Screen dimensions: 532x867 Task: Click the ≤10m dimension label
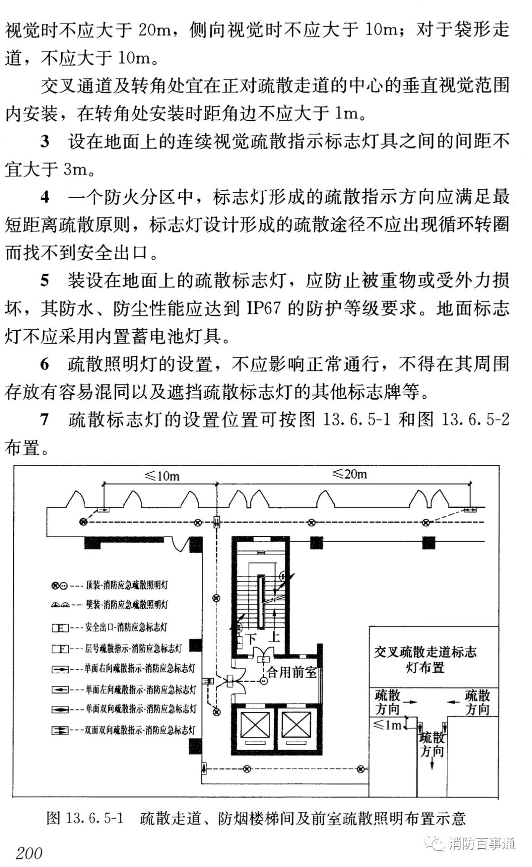coord(162,476)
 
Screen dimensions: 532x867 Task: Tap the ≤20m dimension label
coord(350,474)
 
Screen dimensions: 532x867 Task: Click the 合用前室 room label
coord(292,672)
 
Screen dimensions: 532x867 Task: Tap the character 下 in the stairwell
coord(251,639)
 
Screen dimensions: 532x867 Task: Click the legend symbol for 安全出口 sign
coord(60,628)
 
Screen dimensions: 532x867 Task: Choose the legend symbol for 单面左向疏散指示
coord(60,689)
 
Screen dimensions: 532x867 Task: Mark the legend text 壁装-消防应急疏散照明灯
coord(127,604)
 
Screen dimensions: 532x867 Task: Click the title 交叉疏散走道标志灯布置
coord(425,659)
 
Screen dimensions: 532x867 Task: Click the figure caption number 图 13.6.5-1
coord(84,819)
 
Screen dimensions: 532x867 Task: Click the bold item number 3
coord(45,142)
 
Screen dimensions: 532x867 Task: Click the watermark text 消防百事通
coord(482,843)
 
